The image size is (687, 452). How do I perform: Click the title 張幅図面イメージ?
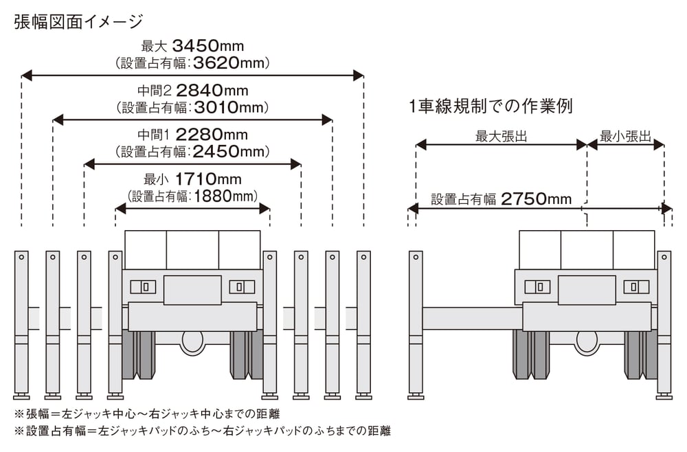(x=79, y=21)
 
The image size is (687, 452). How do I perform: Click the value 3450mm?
(x=208, y=45)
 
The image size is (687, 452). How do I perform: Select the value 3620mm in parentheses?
(x=229, y=63)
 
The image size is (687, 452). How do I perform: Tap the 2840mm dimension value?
(x=212, y=91)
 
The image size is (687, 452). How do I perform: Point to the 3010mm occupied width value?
(x=229, y=108)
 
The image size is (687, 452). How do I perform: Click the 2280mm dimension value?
(x=212, y=135)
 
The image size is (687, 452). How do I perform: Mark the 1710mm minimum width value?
(x=209, y=179)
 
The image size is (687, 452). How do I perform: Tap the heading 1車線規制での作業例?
(x=491, y=106)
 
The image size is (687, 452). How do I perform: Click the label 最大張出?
(x=502, y=136)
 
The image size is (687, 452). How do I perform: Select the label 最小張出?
(x=626, y=136)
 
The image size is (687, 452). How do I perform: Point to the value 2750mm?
(x=537, y=199)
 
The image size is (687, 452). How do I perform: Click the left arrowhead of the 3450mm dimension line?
(x=26, y=76)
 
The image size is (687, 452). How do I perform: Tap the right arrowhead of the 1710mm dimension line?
(x=264, y=209)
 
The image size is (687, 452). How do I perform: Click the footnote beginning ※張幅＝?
(x=147, y=414)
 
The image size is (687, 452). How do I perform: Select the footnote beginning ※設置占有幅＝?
(x=203, y=431)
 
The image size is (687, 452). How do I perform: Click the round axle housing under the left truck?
(x=193, y=342)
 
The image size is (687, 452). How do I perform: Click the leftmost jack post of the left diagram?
(x=21, y=324)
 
